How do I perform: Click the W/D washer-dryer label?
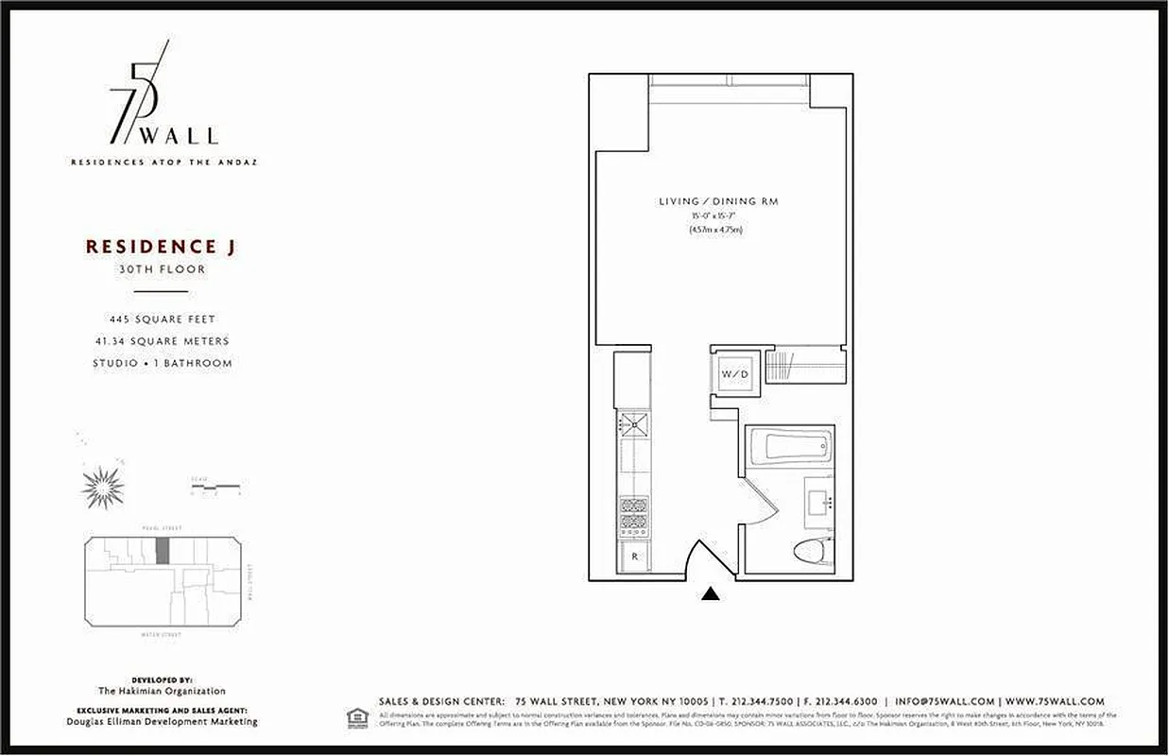pyautogui.click(x=734, y=374)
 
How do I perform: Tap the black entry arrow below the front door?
pyautogui.click(x=711, y=593)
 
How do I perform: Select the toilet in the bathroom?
pyautogui.click(x=812, y=551)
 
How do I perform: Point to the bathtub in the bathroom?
pyautogui.click(x=789, y=447)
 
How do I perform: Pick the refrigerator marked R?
pyautogui.click(x=633, y=557)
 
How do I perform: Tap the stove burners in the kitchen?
pyautogui.click(x=633, y=518)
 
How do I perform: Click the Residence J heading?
pyautogui.click(x=160, y=247)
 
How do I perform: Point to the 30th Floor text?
pyautogui.click(x=160, y=269)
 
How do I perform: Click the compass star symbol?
pyautogui.click(x=102, y=487)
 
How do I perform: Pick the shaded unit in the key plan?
pyautogui.click(x=163, y=551)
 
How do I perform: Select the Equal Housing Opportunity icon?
pyautogui.click(x=357, y=715)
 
